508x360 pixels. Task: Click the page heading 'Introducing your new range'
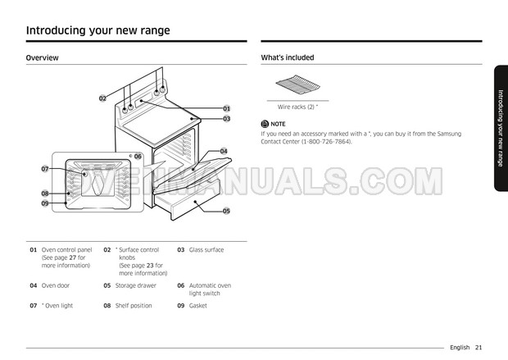(x=98, y=30)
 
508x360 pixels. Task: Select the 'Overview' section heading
(x=42, y=58)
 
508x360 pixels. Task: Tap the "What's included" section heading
(x=287, y=58)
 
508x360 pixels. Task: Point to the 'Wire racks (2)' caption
(x=297, y=107)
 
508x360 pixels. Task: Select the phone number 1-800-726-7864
(x=328, y=141)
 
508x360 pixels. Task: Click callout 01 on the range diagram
(x=226, y=108)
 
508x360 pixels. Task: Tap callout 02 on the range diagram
(x=102, y=98)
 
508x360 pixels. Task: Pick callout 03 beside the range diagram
(x=226, y=119)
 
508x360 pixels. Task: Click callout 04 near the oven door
(x=224, y=151)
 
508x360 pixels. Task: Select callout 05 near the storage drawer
(x=226, y=211)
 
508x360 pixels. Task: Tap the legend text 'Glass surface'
(x=206, y=249)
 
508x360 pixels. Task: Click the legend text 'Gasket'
(x=197, y=306)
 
